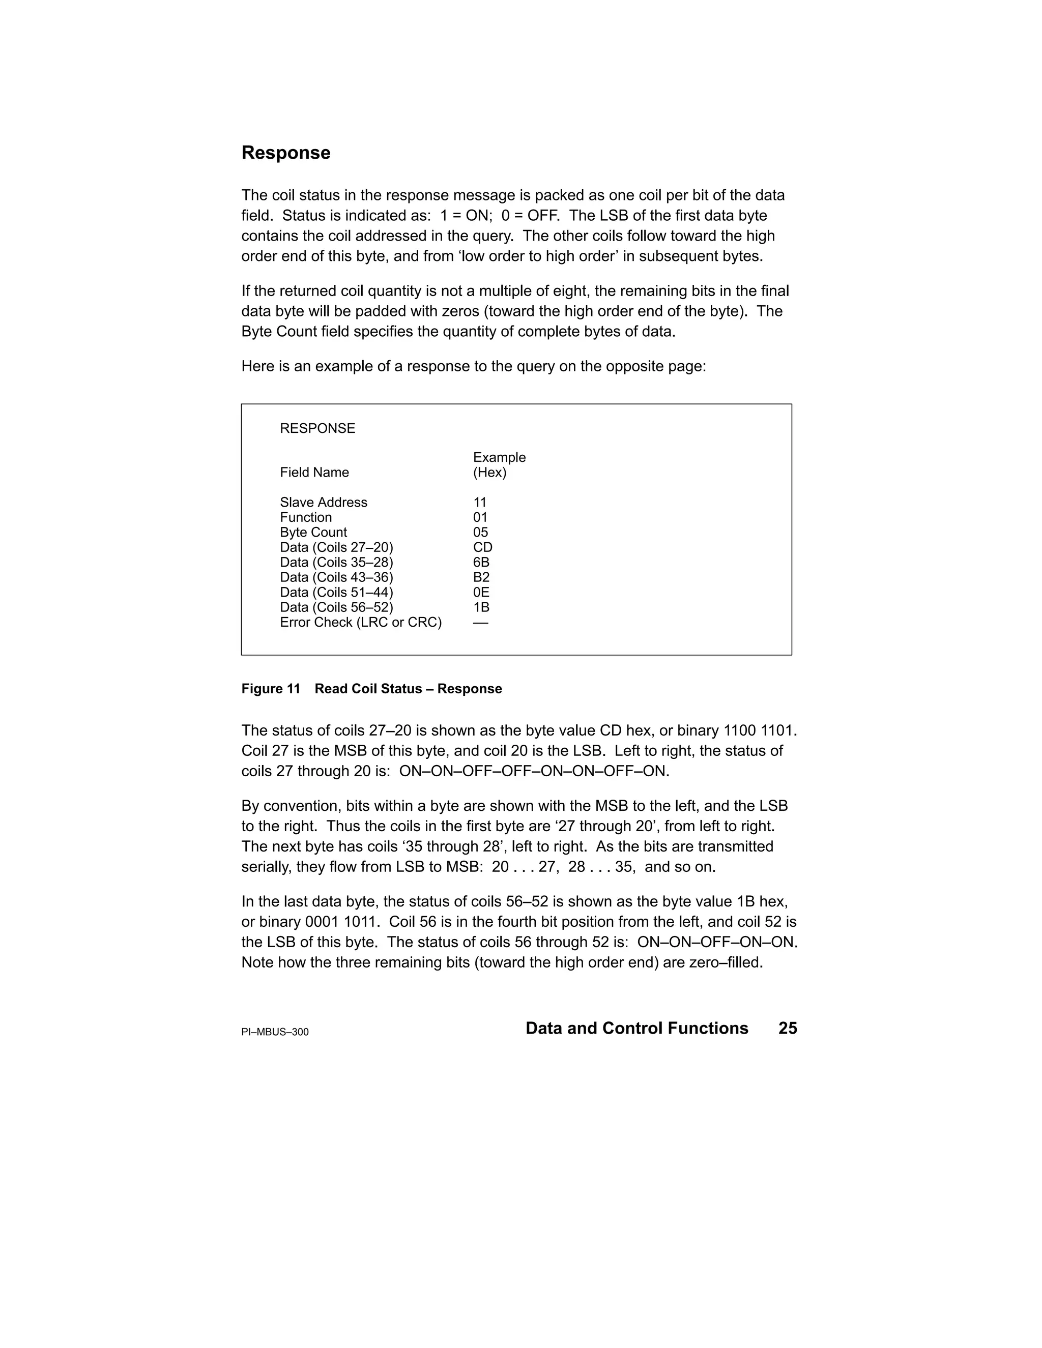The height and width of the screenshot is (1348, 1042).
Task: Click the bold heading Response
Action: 285,153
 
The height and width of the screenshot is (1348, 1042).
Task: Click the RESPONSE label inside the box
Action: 317,428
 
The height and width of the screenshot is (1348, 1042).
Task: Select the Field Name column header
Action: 314,473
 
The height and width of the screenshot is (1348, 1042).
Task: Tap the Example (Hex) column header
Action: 499,465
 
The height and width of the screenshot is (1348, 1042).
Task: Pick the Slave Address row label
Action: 324,503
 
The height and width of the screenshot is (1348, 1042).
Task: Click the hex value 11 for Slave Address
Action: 480,503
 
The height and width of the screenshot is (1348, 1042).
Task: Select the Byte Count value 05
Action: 480,533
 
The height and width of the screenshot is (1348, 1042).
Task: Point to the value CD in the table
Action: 482,547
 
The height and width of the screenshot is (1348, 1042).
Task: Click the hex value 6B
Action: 481,562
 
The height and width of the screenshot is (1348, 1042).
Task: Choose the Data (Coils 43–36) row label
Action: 336,577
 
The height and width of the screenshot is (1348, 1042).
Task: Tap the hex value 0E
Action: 481,593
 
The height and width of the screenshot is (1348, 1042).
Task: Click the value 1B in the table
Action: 481,607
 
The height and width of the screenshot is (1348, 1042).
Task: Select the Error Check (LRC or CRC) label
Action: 361,622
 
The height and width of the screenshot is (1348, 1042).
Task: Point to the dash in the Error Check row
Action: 480,623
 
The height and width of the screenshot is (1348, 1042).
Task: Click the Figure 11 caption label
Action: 270,689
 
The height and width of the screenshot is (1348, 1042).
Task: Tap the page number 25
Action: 788,1028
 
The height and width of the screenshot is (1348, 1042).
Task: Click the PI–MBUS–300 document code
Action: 275,1032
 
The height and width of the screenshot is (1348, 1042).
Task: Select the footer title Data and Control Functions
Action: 636,1028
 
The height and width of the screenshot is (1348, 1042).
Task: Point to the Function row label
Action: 306,517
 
